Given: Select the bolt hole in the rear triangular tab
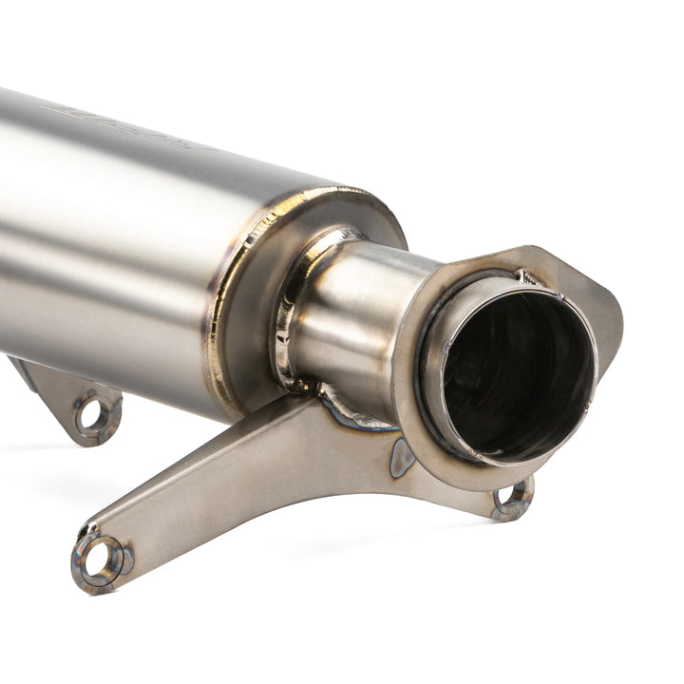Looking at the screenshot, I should click(91, 413).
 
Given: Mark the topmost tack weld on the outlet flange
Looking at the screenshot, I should click(527, 278).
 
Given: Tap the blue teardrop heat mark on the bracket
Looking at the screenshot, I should click(402, 460).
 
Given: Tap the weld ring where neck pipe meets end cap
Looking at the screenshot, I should click(285, 323).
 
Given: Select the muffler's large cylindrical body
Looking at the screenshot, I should click(104, 237).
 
